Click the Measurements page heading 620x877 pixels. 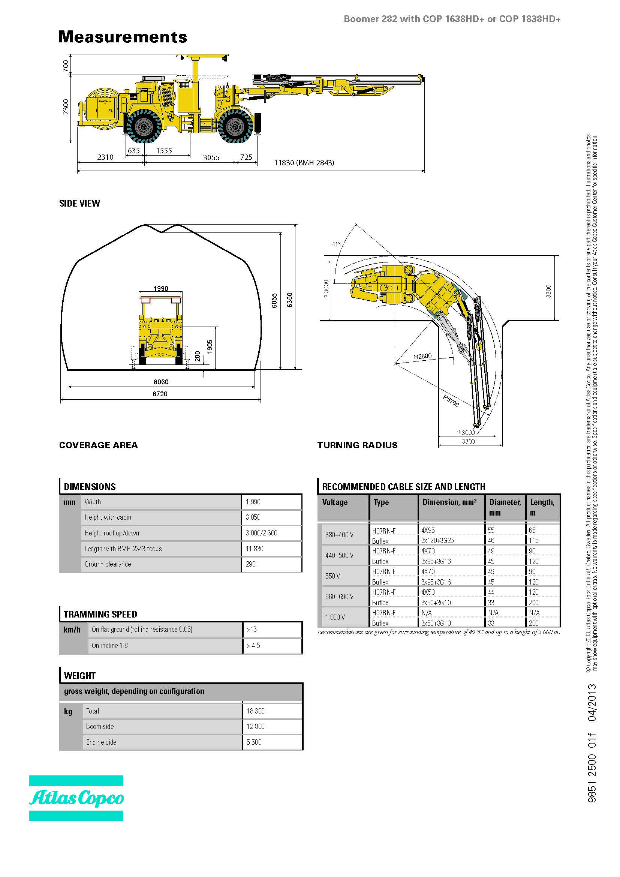click(123, 37)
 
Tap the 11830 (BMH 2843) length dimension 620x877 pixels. click(304, 163)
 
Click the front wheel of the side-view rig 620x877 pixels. click(235, 126)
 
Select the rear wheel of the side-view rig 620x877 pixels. click(144, 126)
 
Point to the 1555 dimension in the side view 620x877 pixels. click(164, 151)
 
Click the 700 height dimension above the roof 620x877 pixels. click(66, 66)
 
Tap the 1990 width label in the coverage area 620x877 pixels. click(161, 288)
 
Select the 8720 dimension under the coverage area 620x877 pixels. click(160, 394)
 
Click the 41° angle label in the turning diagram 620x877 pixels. click(336, 244)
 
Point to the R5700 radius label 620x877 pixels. click(451, 401)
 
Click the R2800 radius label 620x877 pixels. click(422, 356)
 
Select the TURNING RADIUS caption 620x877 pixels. click(357, 445)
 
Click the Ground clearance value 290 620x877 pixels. click(251, 564)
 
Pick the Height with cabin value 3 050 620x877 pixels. click(253, 517)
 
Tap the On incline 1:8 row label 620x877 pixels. click(109, 645)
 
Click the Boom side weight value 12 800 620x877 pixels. click(255, 726)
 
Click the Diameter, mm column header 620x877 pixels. click(505, 507)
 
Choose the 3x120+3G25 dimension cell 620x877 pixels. click(437, 541)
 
